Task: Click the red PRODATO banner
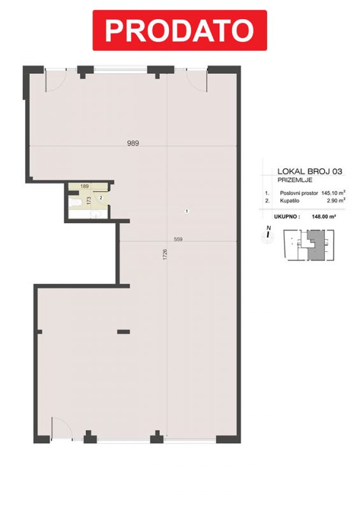pos(180,30)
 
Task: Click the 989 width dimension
pos(133,143)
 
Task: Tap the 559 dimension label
pos(178,239)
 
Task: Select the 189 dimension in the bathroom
pos(85,186)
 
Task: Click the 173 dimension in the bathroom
pos(89,200)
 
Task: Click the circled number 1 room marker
pos(187,211)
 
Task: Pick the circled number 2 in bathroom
pos(101,198)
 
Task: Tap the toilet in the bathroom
pos(75,202)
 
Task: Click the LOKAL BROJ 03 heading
pos(310,171)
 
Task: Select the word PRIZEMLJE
pos(295,180)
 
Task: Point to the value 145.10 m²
pos(333,193)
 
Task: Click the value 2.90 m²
pos(336,201)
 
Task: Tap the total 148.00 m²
pos(324,216)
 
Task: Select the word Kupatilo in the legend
pos(289,201)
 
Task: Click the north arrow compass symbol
pos(268,233)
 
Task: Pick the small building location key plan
pos(309,245)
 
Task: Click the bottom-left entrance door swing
pos(62,428)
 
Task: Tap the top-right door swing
pos(198,80)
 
